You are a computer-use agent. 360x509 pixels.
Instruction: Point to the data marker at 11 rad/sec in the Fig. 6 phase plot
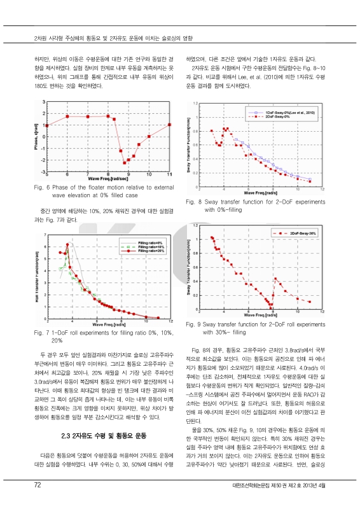[x=169, y=125]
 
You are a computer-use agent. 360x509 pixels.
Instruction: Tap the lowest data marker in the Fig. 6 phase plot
[x=125, y=163]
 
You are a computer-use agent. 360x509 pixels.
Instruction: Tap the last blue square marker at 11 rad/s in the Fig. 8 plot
[x=310, y=179]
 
